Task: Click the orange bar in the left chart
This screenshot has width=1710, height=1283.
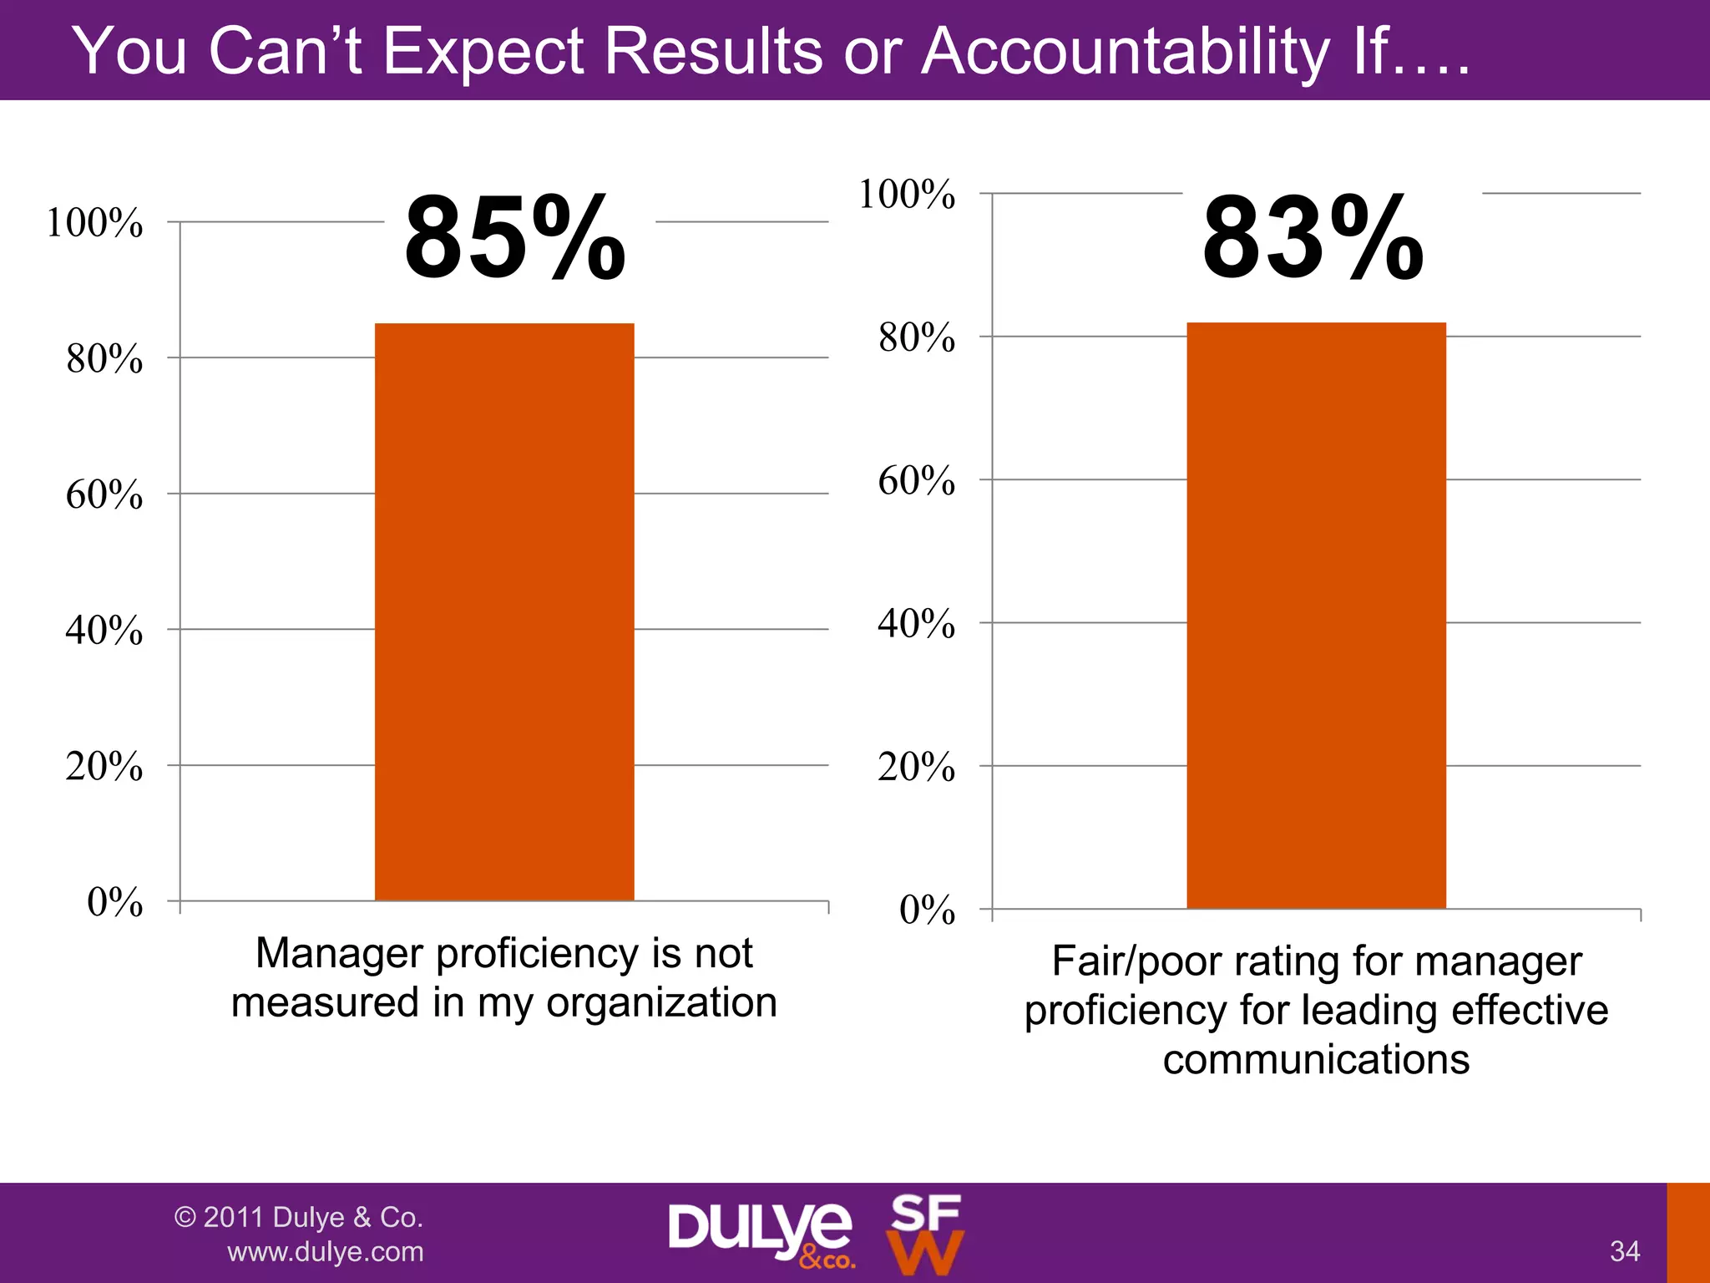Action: (x=504, y=611)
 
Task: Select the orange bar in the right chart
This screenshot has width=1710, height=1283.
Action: (x=1316, y=615)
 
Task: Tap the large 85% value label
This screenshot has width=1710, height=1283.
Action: (x=514, y=238)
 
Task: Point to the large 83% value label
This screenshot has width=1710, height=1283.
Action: (x=1313, y=238)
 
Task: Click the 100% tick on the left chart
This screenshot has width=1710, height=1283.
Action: (x=94, y=223)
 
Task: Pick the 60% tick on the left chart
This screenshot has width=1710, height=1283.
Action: (x=104, y=494)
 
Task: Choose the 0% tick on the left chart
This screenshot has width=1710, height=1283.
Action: (x=114, y=902)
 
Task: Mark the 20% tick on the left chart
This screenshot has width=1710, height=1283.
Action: (x=104, y=766)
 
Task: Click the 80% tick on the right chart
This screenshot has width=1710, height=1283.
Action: (x=916, y=338)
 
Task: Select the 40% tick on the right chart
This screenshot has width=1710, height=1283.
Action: (x=916, y=624)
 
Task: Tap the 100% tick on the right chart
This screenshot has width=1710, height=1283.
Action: (x=907, y=195)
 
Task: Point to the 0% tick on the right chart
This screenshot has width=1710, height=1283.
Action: (x=927, y=910)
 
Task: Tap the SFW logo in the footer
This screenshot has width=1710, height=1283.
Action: (x=925, y=1234)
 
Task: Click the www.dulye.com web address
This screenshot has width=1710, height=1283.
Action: (x=326, y=1251)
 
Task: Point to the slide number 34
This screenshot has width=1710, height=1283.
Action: (x=1625, y=1251)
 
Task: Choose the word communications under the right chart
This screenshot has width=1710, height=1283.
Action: (x=1316, y=1059)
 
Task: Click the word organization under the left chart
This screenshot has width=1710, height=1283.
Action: (x=661, y=1002)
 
